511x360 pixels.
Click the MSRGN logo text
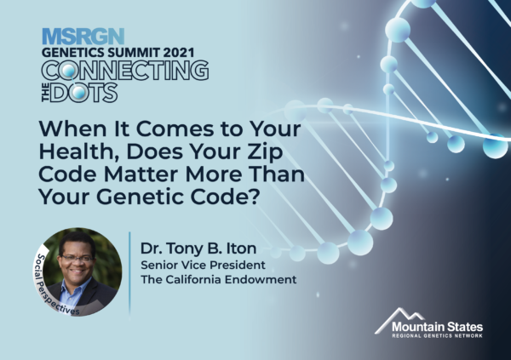click(83, 37)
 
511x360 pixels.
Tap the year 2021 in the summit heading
click(179, 53)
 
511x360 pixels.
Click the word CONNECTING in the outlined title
click(125, 70)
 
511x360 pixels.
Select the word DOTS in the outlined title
click(83, 93)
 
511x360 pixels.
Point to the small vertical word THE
click(46, 93)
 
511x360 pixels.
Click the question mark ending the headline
click(255, 197)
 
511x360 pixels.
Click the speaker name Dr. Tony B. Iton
click(198, 249)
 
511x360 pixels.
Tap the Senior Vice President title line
click(203, 266)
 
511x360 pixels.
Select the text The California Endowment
click(219, 279)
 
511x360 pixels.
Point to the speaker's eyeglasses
click(78, 259)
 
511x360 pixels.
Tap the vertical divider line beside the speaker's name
click(129, 273)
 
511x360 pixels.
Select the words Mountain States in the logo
click(438, 327)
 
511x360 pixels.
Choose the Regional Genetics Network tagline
click(438, 336)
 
